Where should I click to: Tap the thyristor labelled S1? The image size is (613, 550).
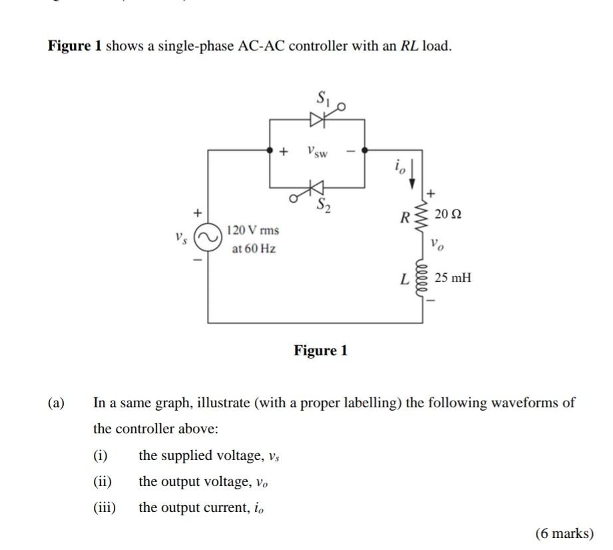pyautogui.click(x=318, y=119)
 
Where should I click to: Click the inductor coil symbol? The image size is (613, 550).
pyautogui.click(x=421, y=277)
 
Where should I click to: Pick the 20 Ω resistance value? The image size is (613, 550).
pyautogui.click(x=447, y=215)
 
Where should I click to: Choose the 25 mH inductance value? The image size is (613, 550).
pyautogui.click(x=453, y=277)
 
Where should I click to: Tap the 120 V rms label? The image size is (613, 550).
pyautogui.click(x=253, y=231)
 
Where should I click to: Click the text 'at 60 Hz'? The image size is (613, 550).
pyautogui.click(x=254, y=249)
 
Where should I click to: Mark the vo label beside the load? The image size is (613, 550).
pyautogui.click(x=437, y=244)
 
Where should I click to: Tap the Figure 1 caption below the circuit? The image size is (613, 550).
pyautogui.click(x=321, y=351)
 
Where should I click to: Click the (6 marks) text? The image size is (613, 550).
pyautogui.click(x=564, y=533)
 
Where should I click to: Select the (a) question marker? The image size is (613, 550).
pyautogui.click(x=56, y=403)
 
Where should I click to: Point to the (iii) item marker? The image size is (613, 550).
pyautogui.click(x=104, y=507)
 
